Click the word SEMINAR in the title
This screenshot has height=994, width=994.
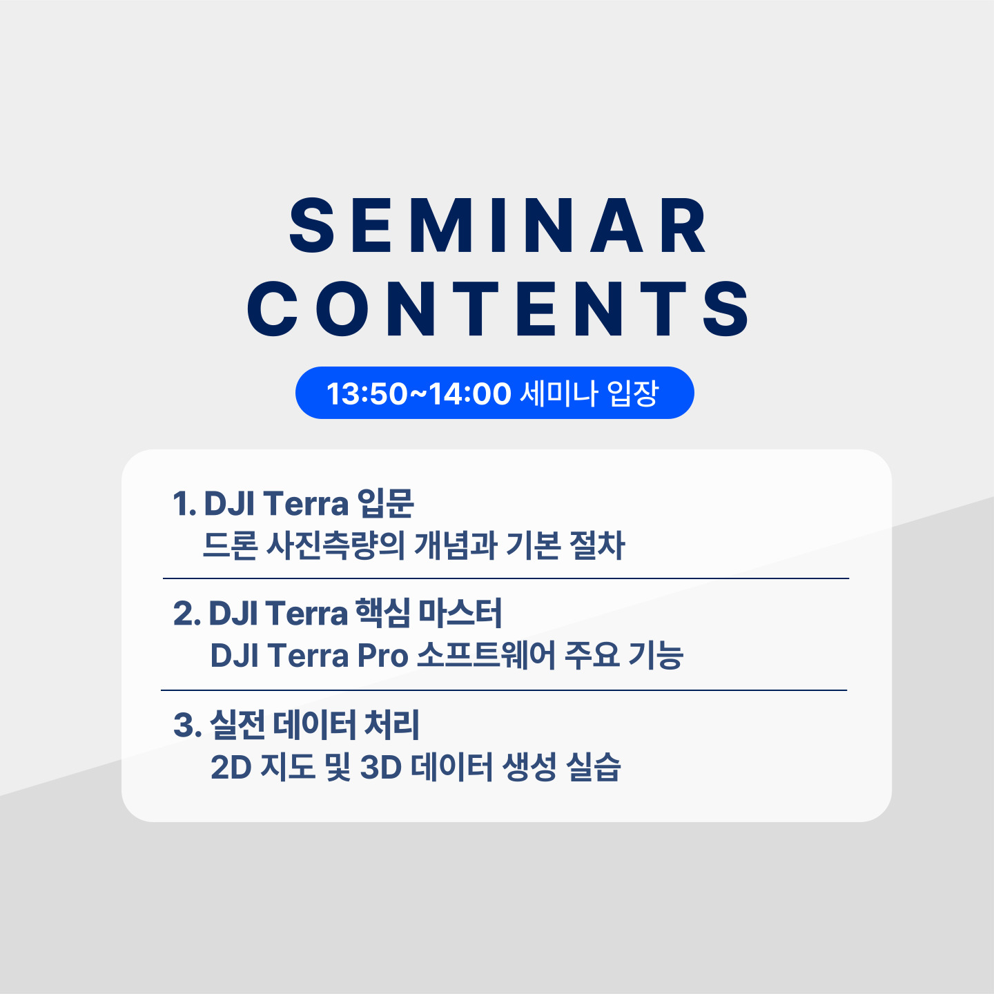497,226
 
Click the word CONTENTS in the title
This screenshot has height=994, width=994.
497,309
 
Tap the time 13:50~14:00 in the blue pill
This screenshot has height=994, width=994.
419,393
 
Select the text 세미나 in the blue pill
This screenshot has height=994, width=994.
559,393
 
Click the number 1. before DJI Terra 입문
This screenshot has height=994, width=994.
184,503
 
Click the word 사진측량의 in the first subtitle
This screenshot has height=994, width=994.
335,545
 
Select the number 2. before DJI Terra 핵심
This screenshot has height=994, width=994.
187,614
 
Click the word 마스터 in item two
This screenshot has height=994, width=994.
460,614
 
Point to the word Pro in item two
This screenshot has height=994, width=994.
382,656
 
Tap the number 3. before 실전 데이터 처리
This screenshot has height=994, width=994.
187,725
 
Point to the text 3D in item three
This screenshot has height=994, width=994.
380,768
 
